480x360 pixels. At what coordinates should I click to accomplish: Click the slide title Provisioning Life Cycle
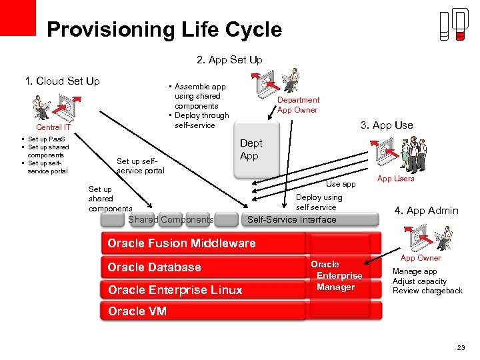[164, 29]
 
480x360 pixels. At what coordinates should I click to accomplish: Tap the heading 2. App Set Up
[229, 60]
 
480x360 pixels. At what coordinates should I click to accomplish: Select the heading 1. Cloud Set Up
[62, 81]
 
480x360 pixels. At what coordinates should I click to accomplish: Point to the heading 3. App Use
[387, 125]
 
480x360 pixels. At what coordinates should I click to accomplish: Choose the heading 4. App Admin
[426, 211]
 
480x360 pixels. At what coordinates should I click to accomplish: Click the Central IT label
[53, 127]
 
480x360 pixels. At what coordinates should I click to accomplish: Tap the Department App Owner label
[298, 105]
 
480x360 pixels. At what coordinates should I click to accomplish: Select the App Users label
[395, 179]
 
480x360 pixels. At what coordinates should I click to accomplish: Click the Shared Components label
[171, 219]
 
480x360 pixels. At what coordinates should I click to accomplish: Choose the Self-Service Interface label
[292, 219]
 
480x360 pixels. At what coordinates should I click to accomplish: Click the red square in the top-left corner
[17, 17]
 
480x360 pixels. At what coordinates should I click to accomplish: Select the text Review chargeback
[427, 291]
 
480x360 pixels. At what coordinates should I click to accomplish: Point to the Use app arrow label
[341, 183]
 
